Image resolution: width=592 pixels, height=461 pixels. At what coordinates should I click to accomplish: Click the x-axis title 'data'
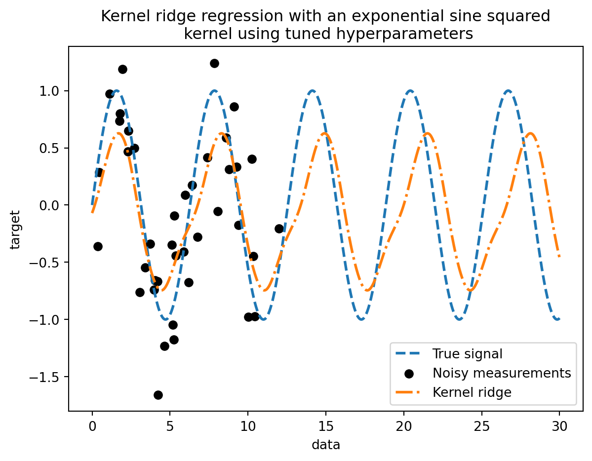click(326, 445)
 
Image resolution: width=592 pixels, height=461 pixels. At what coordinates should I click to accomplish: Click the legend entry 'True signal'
click(467, 353)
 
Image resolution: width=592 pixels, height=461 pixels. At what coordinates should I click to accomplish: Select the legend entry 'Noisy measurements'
click(501, 373)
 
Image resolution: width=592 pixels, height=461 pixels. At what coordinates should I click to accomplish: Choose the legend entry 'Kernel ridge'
click(472, 392)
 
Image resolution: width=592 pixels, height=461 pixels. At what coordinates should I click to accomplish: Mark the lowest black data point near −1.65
click(158, 395)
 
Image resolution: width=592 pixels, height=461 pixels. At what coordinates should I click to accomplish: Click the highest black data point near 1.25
click(214, 63)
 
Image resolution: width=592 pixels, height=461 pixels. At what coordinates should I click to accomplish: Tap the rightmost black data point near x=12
click(279, 229)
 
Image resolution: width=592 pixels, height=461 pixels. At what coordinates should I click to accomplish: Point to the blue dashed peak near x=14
click(312, 91)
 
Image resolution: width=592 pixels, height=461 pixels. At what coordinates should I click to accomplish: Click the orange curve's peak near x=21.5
click(428, 133)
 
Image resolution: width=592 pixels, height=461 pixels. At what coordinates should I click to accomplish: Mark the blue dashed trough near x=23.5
click(459, 319)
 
